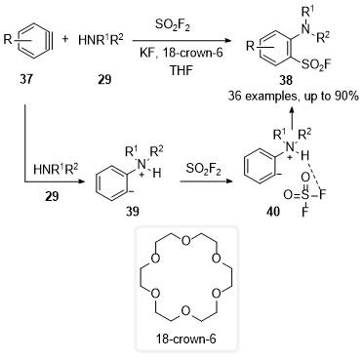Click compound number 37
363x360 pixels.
tap(26, 79)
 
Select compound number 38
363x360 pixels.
tap(286, 80)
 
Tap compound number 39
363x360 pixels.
tap(133, 212)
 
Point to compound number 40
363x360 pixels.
tap(272, 212)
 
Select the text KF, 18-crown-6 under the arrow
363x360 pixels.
tap(181, 53)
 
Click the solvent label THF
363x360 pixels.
tap(181, 70)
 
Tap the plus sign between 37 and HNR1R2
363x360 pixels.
tap(65, 39)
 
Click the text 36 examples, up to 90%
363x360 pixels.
tap(293, 97)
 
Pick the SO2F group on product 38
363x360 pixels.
tap(316, 65)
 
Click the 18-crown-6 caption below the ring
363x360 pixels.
tap(185, 340)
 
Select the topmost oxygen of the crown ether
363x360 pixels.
tap(186, 241)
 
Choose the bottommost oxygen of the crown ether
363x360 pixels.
tap(185, 311)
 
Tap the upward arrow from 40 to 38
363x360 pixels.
tap(292, 122)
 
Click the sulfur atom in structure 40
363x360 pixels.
tap(304, 195)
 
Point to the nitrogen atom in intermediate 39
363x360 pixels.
tap(141, 165)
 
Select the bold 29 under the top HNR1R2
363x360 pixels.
tap(104, 79)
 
